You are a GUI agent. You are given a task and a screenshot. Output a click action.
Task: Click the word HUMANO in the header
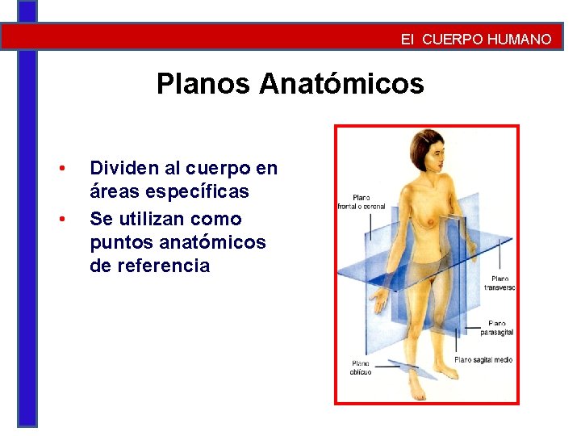pos(520,39)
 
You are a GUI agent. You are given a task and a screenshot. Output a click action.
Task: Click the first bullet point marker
pos(61,169)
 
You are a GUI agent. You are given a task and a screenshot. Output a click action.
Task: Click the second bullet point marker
pos(61,219)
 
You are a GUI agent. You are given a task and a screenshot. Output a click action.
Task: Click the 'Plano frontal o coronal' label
pos(361,202)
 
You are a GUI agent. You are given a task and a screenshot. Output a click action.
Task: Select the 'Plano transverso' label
pos(499,283)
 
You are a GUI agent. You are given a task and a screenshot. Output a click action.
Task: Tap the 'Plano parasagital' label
pos(495,328)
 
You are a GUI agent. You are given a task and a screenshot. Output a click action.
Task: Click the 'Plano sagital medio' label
pos(483,360)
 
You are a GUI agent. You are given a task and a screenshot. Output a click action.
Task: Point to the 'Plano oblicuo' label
pos(361,368)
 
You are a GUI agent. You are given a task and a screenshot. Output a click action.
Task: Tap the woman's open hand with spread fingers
pos(378,303)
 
